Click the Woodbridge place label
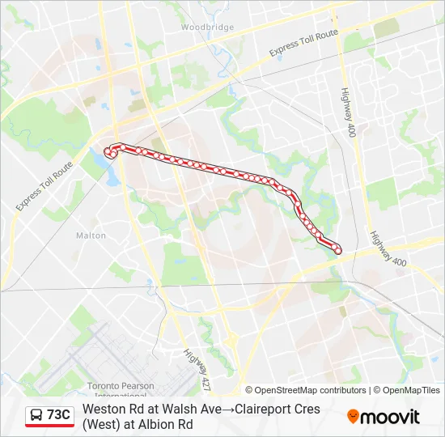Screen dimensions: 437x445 click(207, 27)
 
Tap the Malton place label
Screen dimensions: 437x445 click(91, 235)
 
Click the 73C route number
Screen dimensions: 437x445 click(58, 415)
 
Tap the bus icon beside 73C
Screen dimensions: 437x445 click(37, 415)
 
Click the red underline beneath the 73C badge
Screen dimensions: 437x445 click(49, 426)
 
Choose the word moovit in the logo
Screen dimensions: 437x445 click(390, 417)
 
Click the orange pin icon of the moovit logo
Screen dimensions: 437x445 click(353, 417)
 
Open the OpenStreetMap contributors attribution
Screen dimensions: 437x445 click(309, 390)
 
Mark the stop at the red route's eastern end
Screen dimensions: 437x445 click(338, 251)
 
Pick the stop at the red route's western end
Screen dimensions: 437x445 click(108, 150)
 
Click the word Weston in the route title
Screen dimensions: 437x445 click(103, 409)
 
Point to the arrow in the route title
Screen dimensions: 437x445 click(227, 409)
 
